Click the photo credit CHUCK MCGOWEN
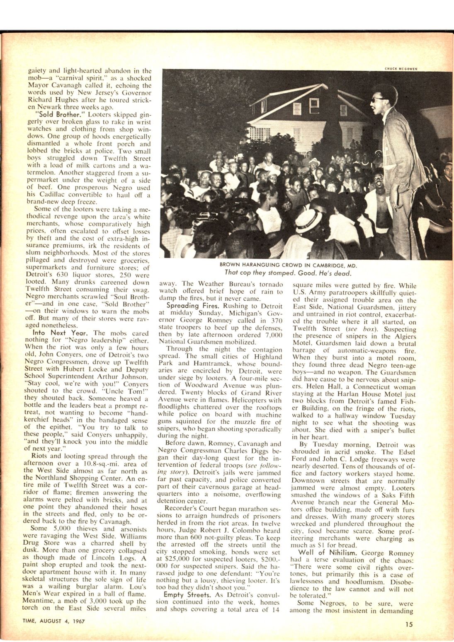tap(401, 69)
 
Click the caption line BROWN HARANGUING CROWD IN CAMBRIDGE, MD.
tap(289, 265)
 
